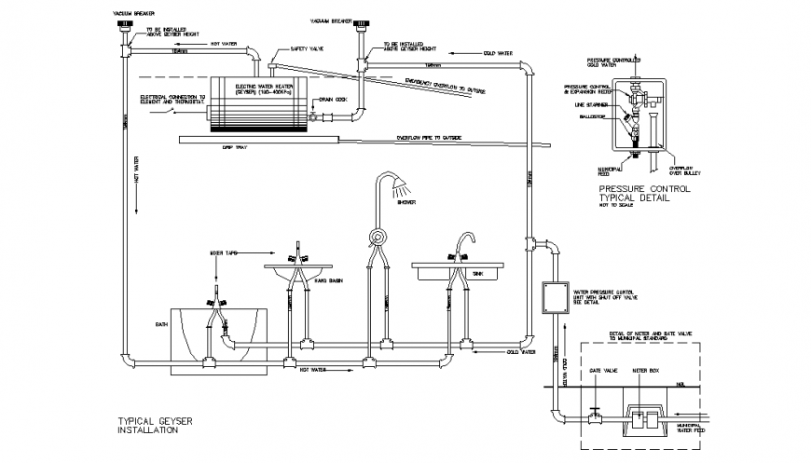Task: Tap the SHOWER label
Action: coord(405,201)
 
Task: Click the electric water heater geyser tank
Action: coord(256,101)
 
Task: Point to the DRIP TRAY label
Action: coord(233,147)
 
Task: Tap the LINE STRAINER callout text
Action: coord(583,105)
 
